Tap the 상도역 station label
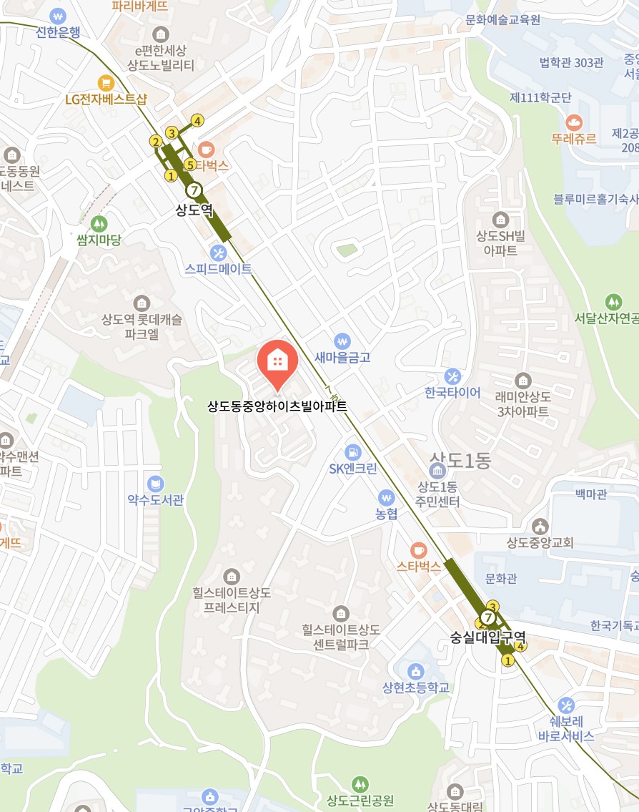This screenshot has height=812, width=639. point(194,210)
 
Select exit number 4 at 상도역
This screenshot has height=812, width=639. point(197,120)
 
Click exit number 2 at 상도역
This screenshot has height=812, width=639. point(155,142)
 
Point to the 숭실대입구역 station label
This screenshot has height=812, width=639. point(488,635)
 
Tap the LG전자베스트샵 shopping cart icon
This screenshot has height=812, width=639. point(106,82)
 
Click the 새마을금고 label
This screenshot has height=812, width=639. point(343,358)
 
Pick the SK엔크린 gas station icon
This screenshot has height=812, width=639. point(352,452)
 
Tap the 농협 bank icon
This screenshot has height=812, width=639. point(387,497)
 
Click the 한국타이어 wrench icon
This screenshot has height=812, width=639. point(452,376)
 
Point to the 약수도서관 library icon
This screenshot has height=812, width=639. point(155,484)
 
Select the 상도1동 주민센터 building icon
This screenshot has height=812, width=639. point(437,471)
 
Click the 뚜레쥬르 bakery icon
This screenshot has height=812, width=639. point(574,122)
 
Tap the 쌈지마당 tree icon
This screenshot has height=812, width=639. point(99,223)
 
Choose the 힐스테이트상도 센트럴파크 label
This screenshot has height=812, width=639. point(340,637)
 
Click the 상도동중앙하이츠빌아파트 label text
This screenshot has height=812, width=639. point(277,406)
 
